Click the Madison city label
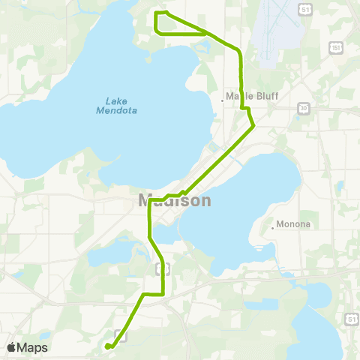[x=175, y=201]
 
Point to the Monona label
[x=292, y=223]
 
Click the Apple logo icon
[x=12, y=347]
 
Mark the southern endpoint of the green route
[x=107, y=346]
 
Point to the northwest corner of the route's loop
[x=156, y=13]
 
